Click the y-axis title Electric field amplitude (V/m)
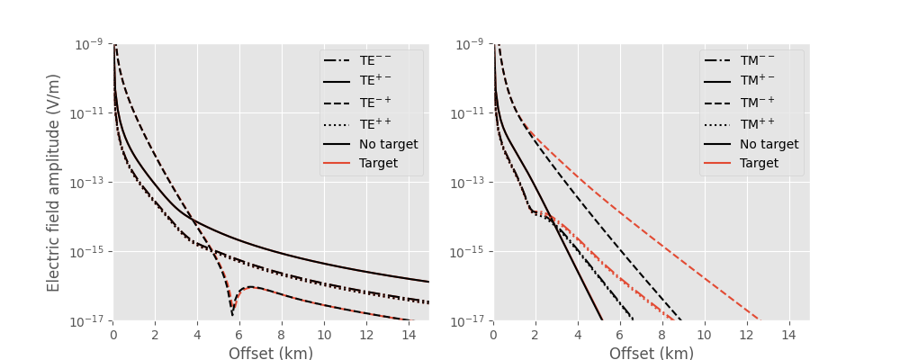[54, 182]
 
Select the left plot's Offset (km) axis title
[271, 354]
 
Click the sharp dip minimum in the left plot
[232, 315]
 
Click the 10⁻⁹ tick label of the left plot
[89, 44]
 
